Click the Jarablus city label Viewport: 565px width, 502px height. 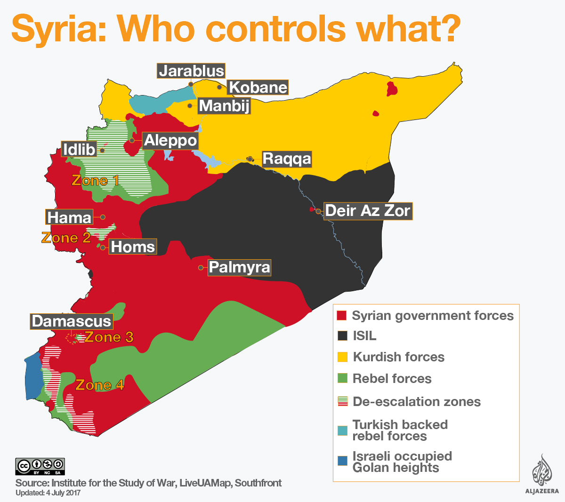coord(191,71)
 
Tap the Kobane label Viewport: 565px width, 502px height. coord(258,88)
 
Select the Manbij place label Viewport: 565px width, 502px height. coord(224,106)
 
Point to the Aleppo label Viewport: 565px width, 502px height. coord(170,140)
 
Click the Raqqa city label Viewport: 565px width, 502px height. coord(287,159)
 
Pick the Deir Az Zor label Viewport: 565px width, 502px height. coord(368,210)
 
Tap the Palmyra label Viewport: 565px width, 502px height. coord(240,267)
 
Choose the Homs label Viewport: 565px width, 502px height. coord(133,247)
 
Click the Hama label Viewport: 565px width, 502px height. coord(70,217)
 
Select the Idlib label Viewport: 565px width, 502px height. coord(79,150)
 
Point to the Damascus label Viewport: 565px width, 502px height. coord(72,321)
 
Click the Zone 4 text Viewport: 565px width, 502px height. coord(99,385)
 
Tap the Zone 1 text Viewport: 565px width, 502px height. coord(95,180)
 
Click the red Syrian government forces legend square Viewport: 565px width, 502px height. coord(342,315)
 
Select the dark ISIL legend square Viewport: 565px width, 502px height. coord(342,336)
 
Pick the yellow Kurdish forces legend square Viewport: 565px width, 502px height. coord(342,357)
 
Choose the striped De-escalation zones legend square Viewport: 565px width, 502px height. coord(342,401)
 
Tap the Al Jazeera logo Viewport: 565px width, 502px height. coord(542,474)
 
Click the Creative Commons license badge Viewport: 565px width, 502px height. coord(40,466)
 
